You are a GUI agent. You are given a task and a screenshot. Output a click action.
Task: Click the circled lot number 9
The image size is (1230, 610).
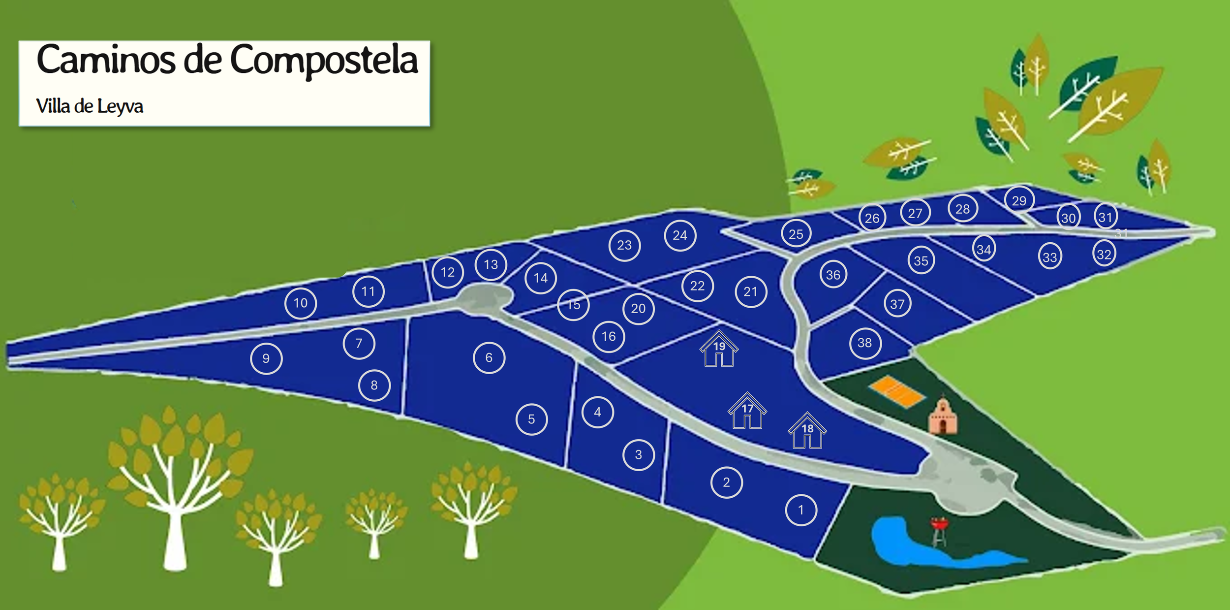pyautogui.click(x=266, y=358)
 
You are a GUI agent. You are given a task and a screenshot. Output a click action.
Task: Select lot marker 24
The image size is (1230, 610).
pyautogui.click(x=680, y=235)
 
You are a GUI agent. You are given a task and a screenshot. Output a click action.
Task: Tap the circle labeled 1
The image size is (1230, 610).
pyautogui.click(x=801, y=510)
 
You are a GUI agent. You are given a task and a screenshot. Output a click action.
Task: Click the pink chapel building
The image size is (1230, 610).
pyautogui.click(x=943, y=417)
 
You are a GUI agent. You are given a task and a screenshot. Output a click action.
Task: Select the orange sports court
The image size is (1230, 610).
pyautogui.click(x=896, y=391)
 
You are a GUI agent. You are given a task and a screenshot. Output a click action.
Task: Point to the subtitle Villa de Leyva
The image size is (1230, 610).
pyautogui.click(x=90, y=106)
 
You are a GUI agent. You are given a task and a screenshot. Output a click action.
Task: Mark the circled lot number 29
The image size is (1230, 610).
pyautogui.click(x=1019, y=200)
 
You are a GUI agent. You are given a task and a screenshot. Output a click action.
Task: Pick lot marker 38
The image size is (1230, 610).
pyautogui.click(x=865, y=343)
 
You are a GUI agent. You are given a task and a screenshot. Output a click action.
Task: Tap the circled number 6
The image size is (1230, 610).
pyautogui.click(x=489, y=358)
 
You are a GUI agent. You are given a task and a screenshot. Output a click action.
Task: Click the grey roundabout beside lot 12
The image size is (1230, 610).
pyautogui.click(x=484, y=297)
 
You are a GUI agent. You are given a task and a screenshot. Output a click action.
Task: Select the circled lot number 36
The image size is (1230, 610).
pyautogui.click(x=833, y=275)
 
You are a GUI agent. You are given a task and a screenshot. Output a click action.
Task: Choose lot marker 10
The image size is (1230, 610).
pyautogui.click(x=301, y=303)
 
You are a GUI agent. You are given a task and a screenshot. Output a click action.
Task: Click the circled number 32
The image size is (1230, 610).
pyautogui.click(x=1104, y=255)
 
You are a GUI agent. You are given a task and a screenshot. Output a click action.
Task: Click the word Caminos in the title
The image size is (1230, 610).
pyautogui.click(x=106, y=60)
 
